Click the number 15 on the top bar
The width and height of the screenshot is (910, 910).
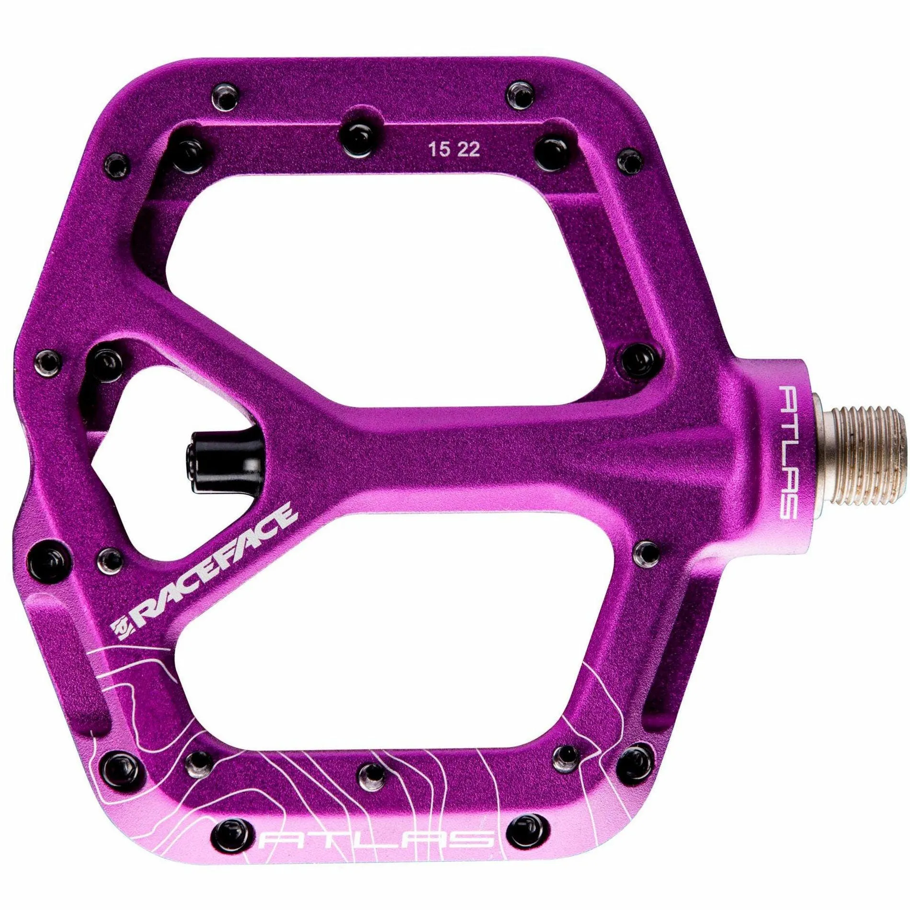click(439, 149)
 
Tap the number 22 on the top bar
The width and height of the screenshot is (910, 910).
click(468, 149)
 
